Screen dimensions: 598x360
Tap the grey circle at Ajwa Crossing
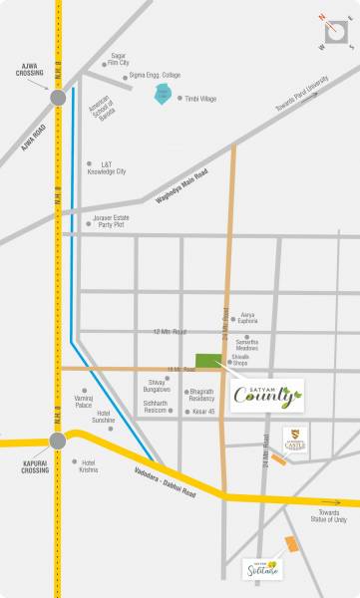(58, 98)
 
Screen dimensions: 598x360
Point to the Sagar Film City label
(120, 60)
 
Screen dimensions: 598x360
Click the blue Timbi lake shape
(163, 95)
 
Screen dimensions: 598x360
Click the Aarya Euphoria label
(248, 318)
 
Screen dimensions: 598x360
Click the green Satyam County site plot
(208, 362)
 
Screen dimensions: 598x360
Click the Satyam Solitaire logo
(263, 568)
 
